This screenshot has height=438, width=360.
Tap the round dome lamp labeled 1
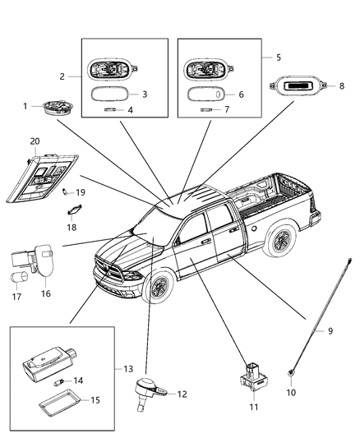click(56, 108)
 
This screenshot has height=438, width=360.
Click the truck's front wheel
click(159, 288)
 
